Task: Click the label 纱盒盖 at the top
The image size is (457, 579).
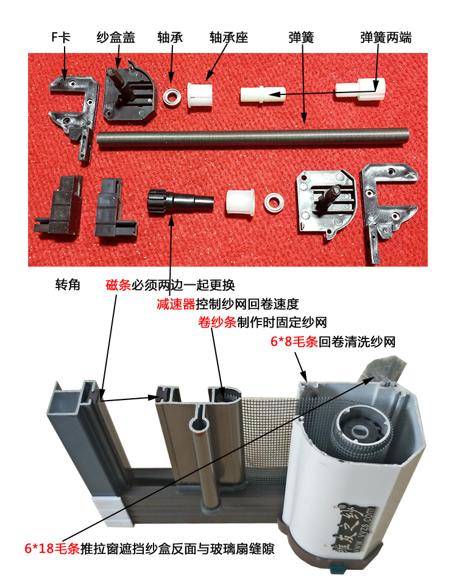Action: click(116, 38)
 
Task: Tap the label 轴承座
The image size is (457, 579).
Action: click(227, 38)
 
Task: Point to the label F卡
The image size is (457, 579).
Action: click(61, 38)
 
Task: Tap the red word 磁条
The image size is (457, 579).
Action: click(118, 285)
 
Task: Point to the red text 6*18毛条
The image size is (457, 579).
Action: click(52, 547)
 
